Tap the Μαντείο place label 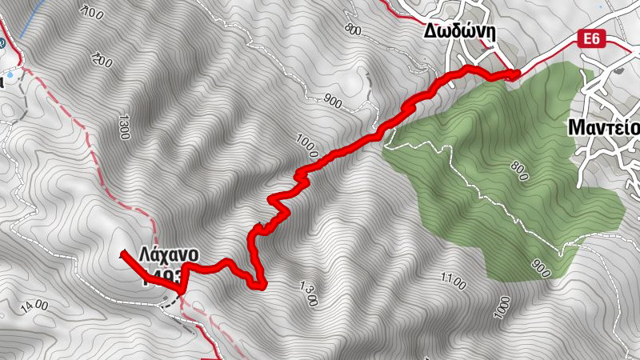click(x=604, y=127)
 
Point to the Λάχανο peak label click(x=168, y=254)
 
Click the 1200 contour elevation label click(x=102, y=59)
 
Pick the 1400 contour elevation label click(x=35, y=305)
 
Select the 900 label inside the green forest click(x=540, y=269)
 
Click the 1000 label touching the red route click(x=306, y=146)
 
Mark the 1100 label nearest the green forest click(x=452, y=281)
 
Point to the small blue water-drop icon click(x=9, y=77)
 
